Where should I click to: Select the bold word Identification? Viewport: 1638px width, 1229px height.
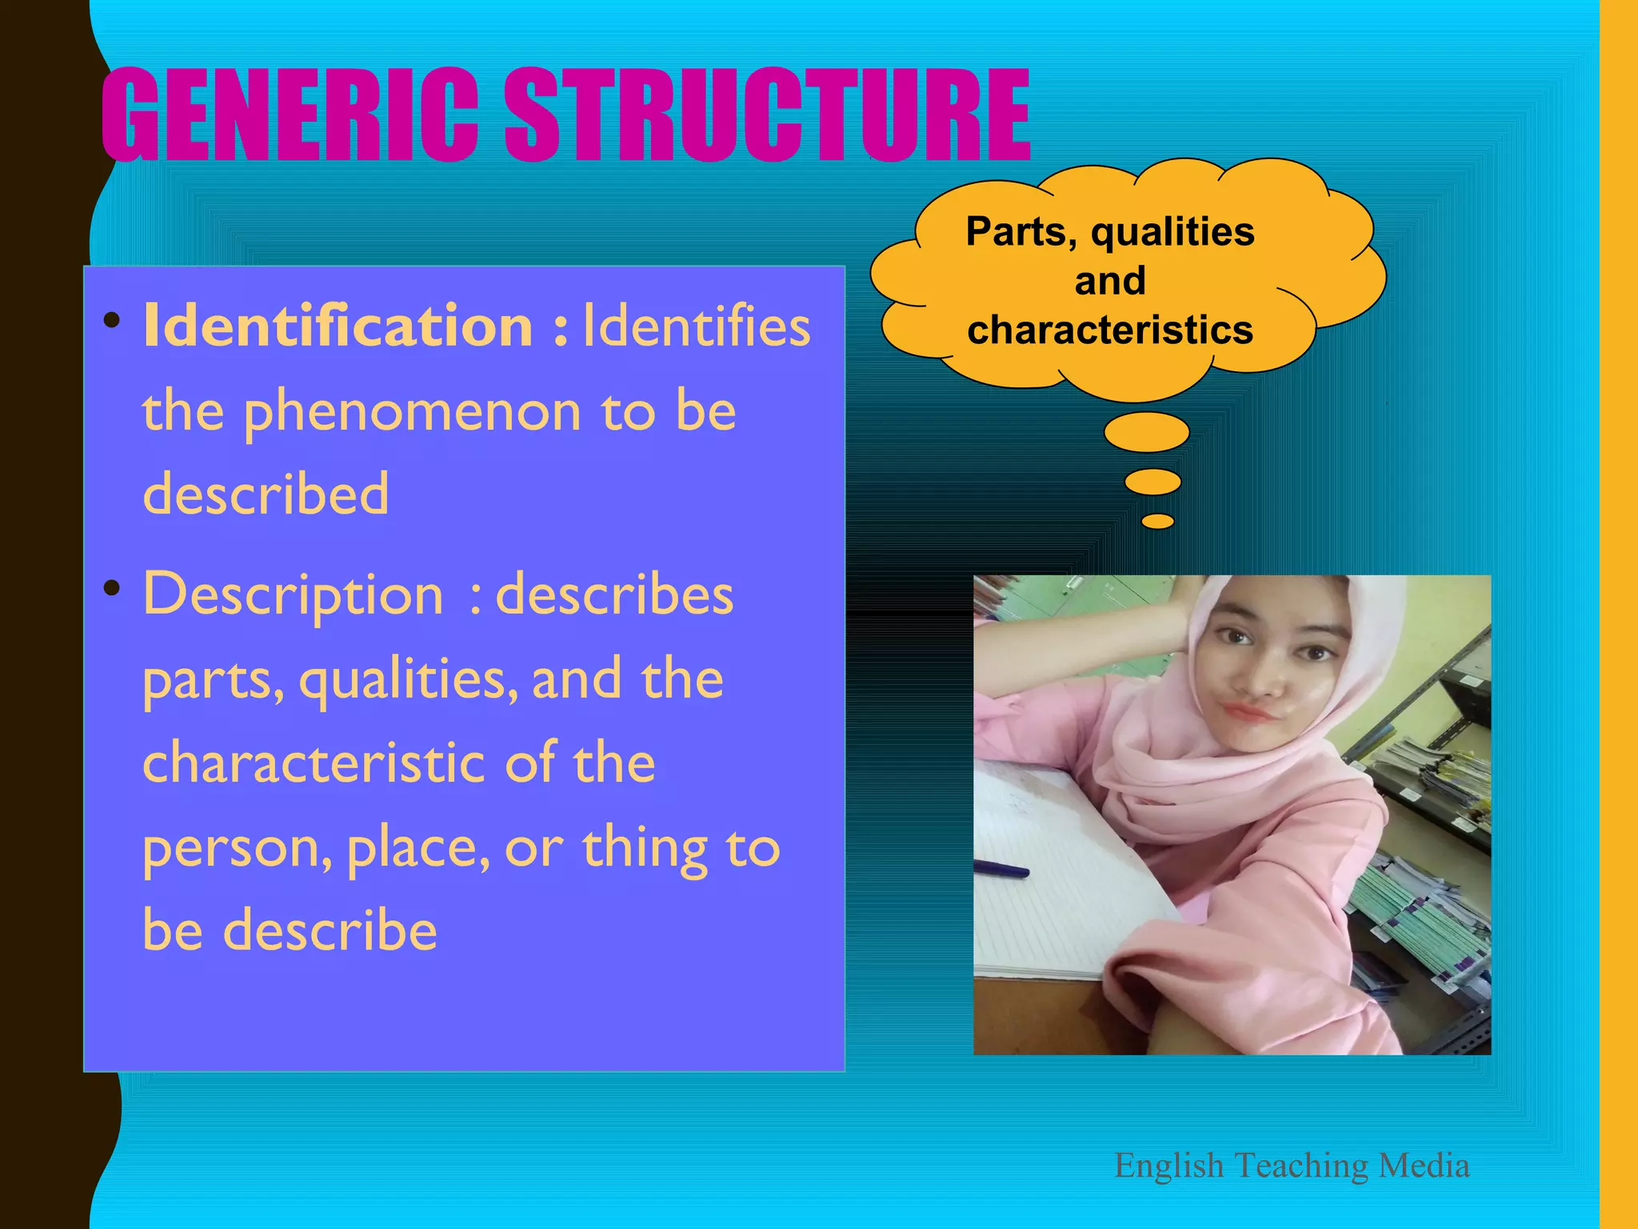[x=338, y=326]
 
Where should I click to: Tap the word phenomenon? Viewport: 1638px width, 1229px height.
[x=412, y=412]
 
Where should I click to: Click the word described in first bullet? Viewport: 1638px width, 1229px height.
[x=266, y=494]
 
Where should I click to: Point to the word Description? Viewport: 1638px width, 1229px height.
[x=293, y=594]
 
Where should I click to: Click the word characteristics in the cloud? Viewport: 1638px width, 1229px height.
[x=1110, y=330]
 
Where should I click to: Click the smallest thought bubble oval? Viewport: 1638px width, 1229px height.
[x=1157, y=522]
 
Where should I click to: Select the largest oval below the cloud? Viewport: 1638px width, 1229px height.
[x=1146, y=433]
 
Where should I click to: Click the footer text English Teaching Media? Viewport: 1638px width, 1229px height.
[x=1292, y=1166]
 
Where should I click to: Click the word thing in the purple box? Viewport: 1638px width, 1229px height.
[x=645, y=848]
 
